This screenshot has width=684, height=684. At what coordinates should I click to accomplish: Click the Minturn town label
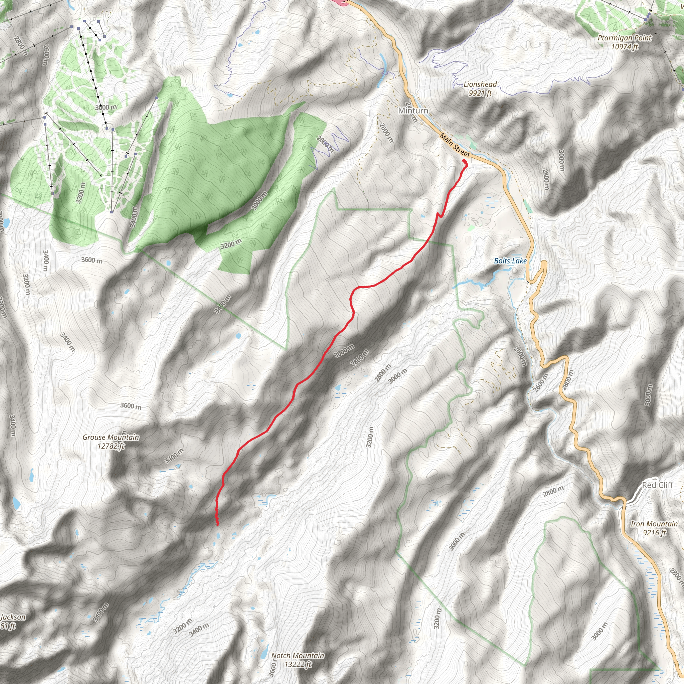pos(413,111)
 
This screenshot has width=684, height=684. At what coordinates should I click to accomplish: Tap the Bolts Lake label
pos(510,261)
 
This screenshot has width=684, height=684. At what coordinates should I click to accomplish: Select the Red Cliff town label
pos(657,485)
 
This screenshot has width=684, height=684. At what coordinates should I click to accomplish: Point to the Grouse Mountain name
pos(111,437)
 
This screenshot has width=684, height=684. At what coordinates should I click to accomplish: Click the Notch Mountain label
pos(297,656)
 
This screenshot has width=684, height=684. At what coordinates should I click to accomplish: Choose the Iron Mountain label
pos(654,524)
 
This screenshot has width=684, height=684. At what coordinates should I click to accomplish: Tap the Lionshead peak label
pos(480,84)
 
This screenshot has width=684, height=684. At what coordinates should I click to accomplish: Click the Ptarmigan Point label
pos(624,37)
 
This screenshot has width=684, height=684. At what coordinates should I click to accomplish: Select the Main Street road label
pos(455,145)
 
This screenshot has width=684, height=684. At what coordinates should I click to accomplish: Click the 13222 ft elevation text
pos(297,665)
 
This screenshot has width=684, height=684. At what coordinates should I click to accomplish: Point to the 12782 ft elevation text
pos(111,446)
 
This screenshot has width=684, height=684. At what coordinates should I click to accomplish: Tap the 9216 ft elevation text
pos(654,532)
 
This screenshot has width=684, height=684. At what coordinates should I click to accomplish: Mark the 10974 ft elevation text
pos(625,46)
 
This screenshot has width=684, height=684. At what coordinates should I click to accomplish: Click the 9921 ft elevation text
pos(480,93)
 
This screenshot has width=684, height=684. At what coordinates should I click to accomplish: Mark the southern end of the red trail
pos(217,524)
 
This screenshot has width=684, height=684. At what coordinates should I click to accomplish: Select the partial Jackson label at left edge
pos(13,617)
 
